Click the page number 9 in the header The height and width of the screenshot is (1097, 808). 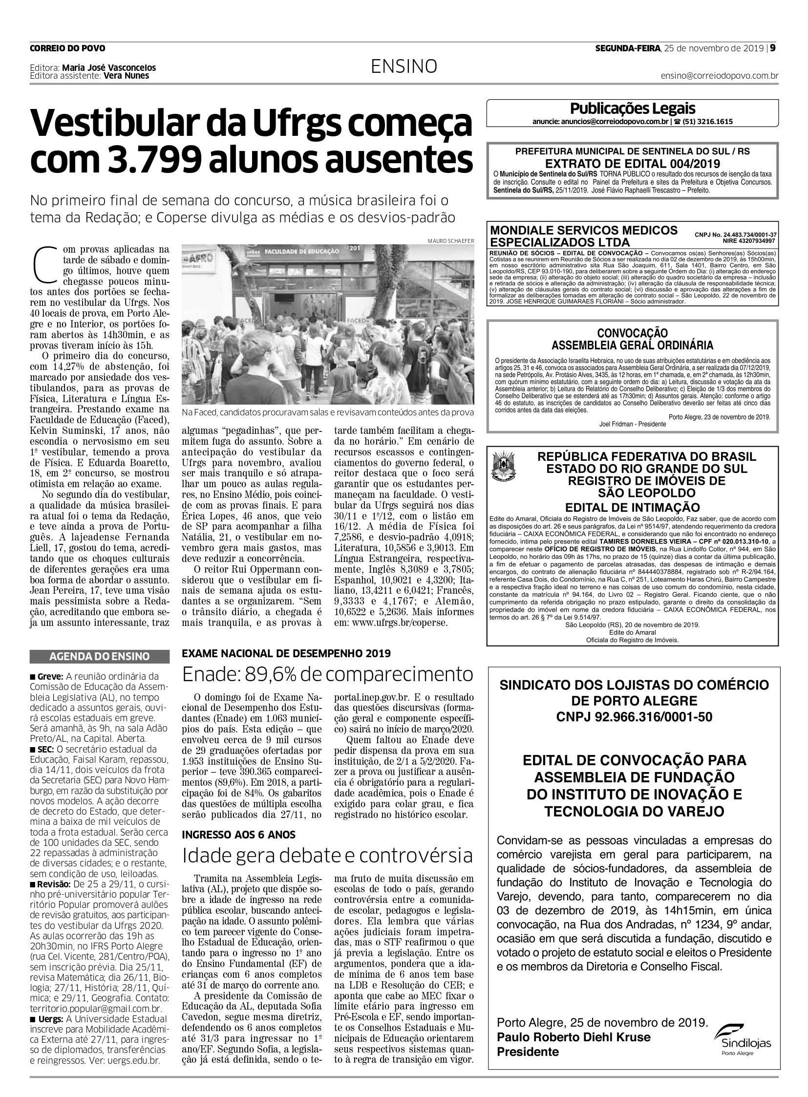click(x=774, y=48)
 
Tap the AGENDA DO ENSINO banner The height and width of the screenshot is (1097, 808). click(x=100, y=657)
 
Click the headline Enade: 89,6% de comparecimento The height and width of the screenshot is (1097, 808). click(x=327, y=675)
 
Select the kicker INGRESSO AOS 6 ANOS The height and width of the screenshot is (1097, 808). click(x=239, y=834)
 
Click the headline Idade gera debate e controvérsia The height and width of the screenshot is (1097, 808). click(x=327, y=856)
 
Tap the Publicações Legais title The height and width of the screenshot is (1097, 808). click(x=633, y=108)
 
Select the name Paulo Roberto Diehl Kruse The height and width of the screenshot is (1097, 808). click(x=574, y=1037)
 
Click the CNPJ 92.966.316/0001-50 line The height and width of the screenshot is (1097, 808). click(x=634, y=717)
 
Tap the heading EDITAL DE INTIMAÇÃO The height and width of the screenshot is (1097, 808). click(x=633, y=507)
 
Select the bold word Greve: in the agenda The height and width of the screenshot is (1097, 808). click(x=49, y=677)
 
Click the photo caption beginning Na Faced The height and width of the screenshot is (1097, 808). click(x=327, y=412)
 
